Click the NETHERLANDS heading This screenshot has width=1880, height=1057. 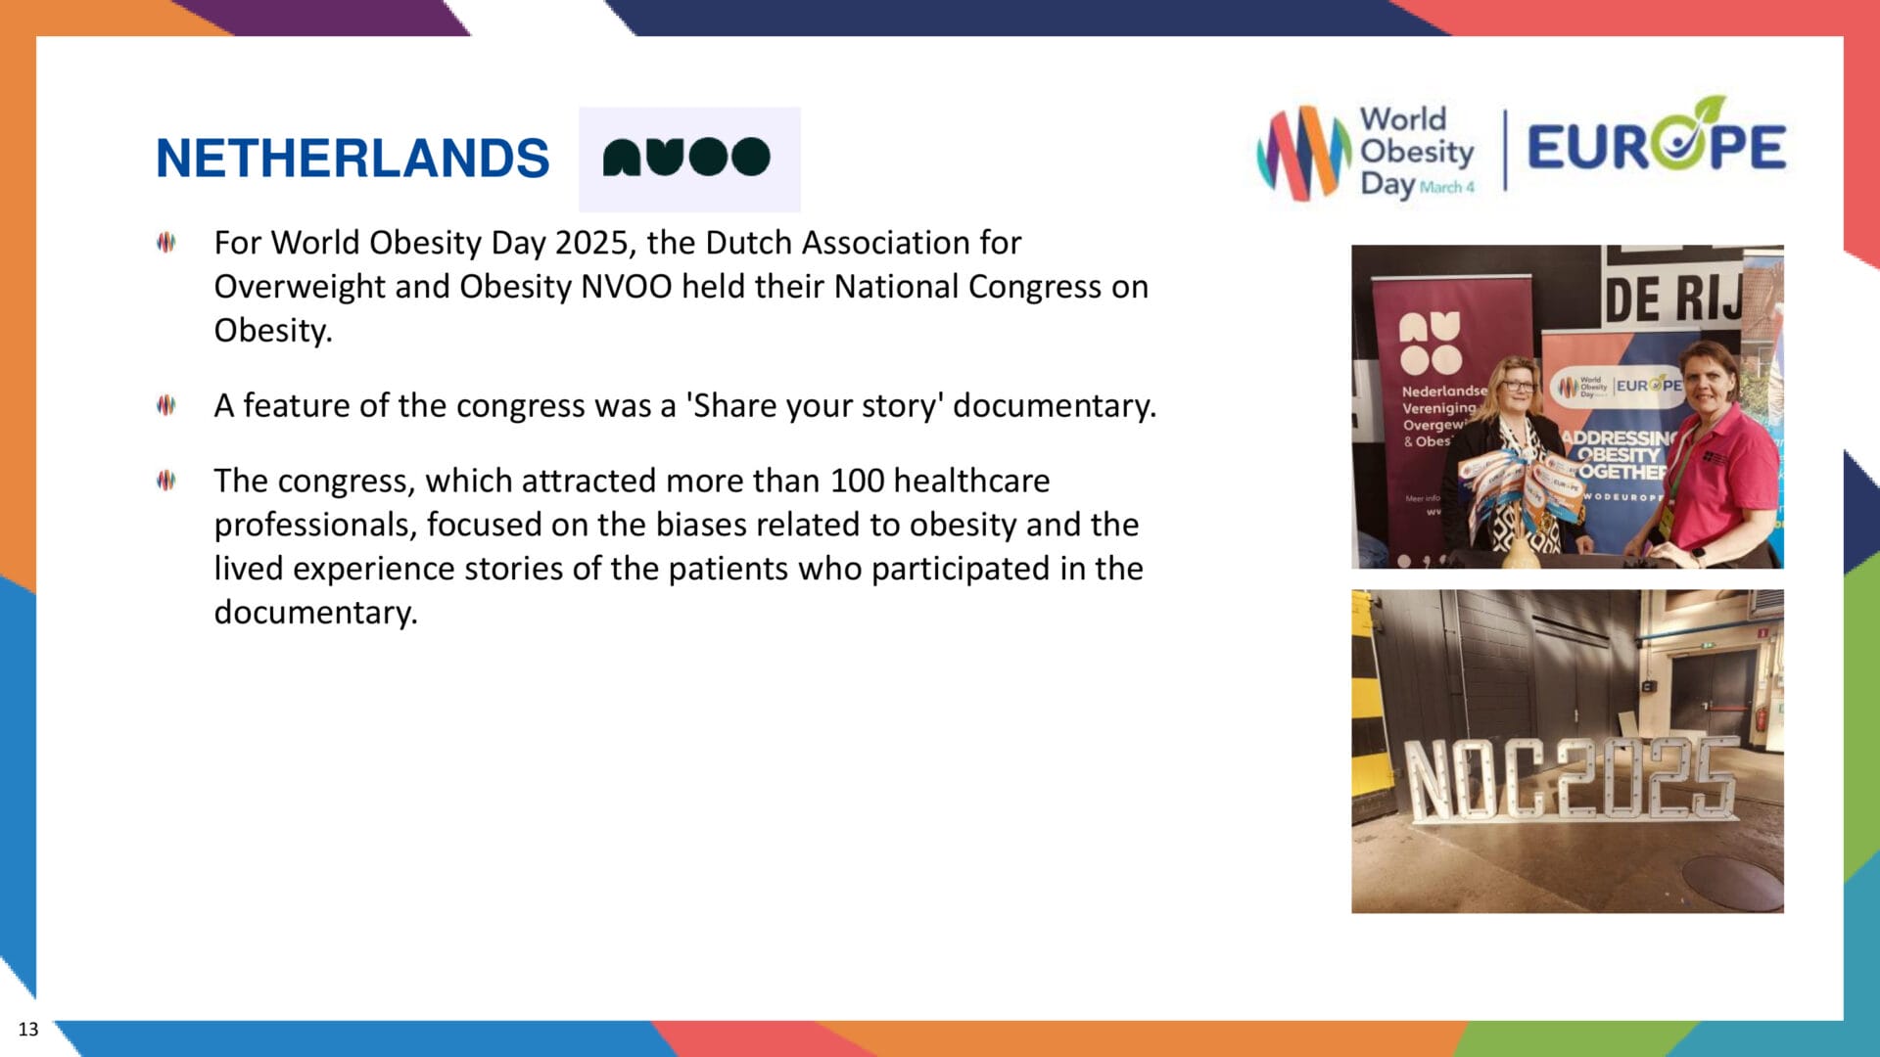point(352,159)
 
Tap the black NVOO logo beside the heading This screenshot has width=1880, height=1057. point(687,158)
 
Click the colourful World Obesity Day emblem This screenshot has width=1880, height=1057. point(1302,154)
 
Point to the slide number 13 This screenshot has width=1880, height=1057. point(28,1029)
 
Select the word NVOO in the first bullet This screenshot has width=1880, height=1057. point(627,287)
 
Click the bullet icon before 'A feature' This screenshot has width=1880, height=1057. point(166,405)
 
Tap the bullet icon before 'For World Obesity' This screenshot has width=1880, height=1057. point(166,243)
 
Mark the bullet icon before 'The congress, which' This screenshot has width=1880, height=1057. point(166,481)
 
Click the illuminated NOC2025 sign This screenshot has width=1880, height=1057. point(1569,778)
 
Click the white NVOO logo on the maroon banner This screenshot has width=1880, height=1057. point(1430,343)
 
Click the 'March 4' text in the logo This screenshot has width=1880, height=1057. point(1446,187)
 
